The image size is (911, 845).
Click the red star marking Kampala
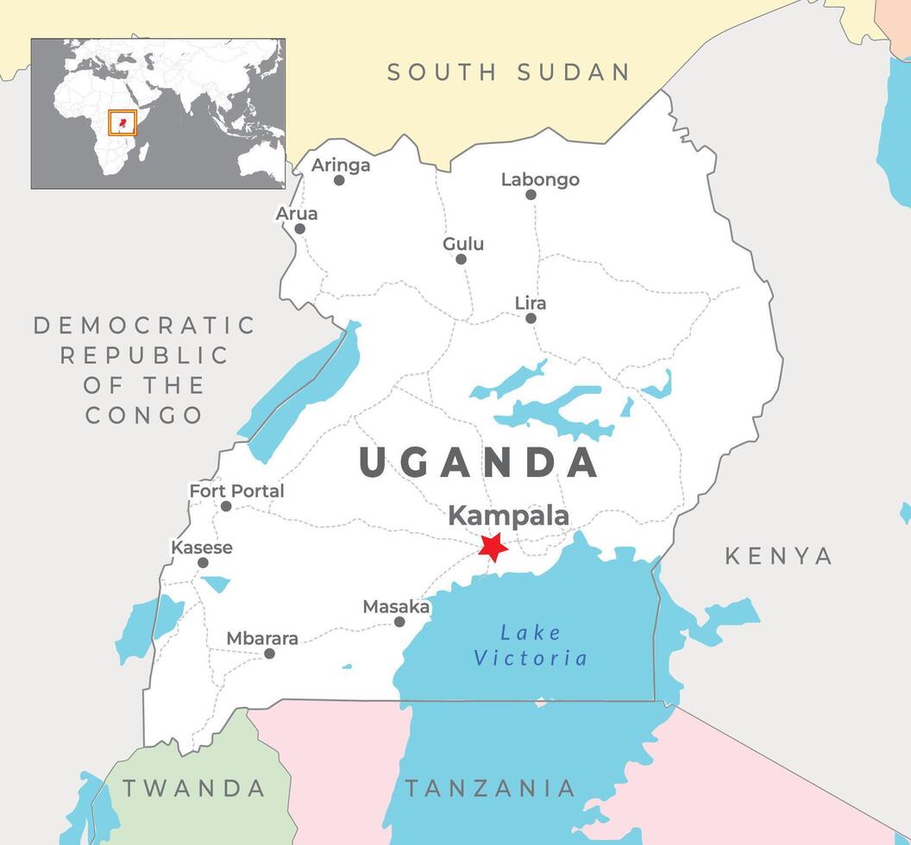tap(493, 547)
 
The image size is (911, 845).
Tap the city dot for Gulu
tap(461, 259)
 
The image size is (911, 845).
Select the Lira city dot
tap(531, 318)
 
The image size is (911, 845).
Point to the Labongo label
tap(540, 179)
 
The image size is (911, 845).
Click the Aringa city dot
tap(339, 180)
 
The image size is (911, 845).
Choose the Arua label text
tap(297, 213)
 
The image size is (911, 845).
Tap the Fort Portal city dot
tap(226, 506)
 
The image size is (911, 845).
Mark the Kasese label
tap(202, 548)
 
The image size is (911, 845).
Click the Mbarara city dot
tap(269, 654)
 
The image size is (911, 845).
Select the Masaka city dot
tap(399, 622)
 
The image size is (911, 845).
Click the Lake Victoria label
tap(531, 645)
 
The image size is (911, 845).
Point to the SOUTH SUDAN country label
tap(509, 72)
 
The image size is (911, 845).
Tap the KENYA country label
tap(779, 556)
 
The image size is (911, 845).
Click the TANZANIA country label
tap(490, 787)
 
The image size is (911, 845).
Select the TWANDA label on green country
tap(193, 787)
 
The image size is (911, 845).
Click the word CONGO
tap(144, 415)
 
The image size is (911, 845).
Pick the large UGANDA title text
tap(479, 463)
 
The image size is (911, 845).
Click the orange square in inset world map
tap(123, 122)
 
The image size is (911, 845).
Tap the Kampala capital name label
tap(508, 516)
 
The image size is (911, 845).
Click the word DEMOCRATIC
tap(144, 325)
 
